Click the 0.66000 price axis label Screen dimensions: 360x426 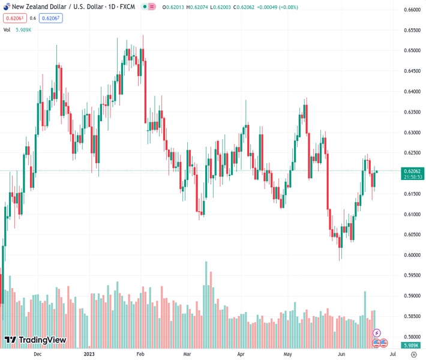(412, 10)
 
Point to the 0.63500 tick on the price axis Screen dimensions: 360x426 (412, 112)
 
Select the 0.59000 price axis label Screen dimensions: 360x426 (412, 296)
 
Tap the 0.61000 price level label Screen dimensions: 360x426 (412, 214)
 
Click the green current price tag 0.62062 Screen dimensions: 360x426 (412, 171)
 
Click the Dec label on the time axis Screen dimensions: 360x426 (37, 354)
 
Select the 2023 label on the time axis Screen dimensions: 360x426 (89, 354)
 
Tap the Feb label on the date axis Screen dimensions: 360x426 (140, 354)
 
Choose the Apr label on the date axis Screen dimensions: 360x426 (241, 354)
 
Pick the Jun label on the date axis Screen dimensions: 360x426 (341, 354)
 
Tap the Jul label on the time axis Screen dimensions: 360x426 (391, 354)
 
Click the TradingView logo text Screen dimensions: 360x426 (42, 340)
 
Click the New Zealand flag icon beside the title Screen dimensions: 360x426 (6, 7)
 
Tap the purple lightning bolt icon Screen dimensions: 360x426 (377, 332)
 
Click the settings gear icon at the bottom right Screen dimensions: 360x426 (413, 354)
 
